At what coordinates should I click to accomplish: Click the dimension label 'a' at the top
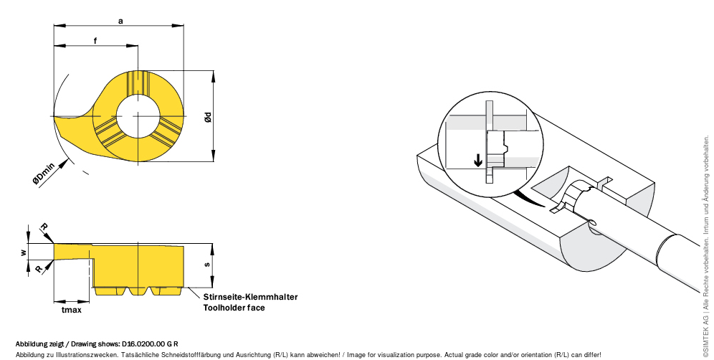click(x=120, y=21)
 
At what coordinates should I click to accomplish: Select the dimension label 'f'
click(x=95, y=41)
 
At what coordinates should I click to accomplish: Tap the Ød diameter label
click(x=208, y=117)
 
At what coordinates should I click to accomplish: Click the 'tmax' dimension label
click(x=72, y=310)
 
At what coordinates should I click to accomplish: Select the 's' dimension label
click(x=207, y=265)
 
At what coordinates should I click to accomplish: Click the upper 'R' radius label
click(x=44, y=227)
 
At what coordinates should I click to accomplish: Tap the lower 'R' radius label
click(x=39, y=268)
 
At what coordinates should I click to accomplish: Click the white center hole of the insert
click(x=138, y=116)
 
